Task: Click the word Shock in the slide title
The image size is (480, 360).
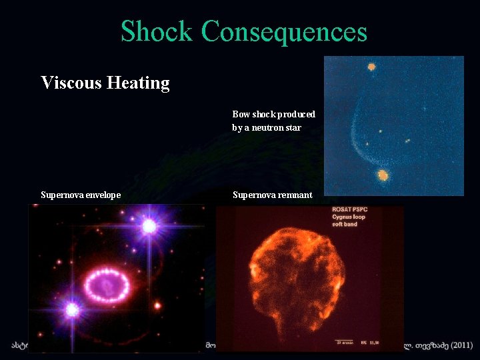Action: click(157, 31)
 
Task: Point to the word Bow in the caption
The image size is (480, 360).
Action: click(240, 115)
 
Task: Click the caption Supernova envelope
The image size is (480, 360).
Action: click(81, 195)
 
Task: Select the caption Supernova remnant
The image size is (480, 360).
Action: click(272, 195)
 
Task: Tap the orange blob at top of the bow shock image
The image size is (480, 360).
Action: click(371, 67)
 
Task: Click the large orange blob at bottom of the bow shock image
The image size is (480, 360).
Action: click(382, 175)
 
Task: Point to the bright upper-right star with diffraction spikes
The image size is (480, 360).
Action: click(149, 227)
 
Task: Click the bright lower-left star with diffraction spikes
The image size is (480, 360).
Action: click(72, 309)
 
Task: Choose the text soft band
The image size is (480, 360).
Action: click(345, 224)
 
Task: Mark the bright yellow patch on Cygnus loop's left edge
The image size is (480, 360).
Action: click(254, 270)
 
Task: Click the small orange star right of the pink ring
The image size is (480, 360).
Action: click(157, 306)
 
